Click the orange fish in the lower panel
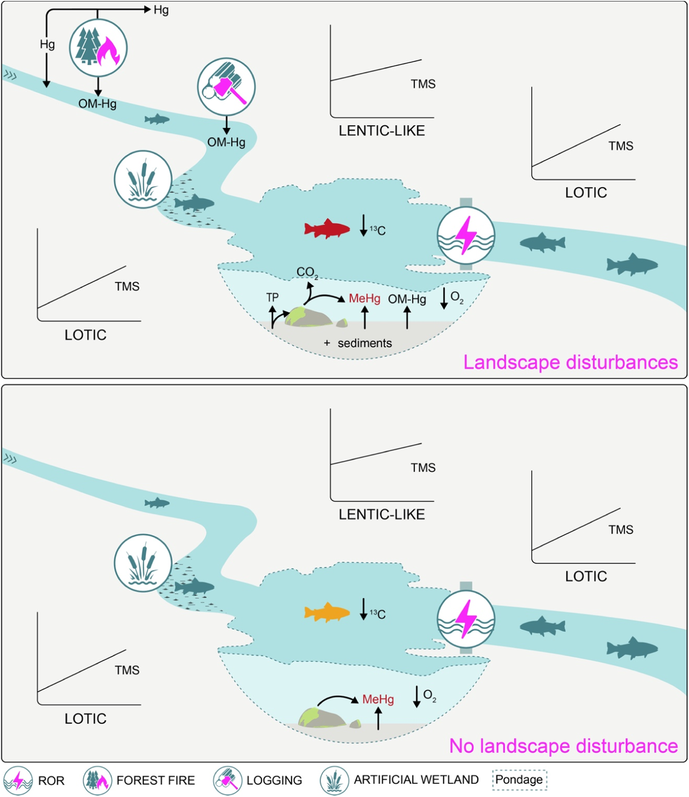pyautogui.click(x=327, y=612)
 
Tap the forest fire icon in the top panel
pyautogui.click(x=98, y=48)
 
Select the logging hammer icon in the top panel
pyautogui.click(x=226, y=86)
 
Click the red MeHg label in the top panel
pyautogui.click(x=364, y=298)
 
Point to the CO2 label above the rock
pyautogui.click(x=307, y=272)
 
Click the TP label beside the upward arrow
pyautogui.click(x=272, y=297)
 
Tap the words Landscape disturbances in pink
pyautogui.click(x=570, y=362)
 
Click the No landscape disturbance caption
pyautogui.click(x=563, y=746)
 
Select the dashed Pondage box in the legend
pyautogui.click(x=520, y=780)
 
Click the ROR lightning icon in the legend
pyautogui.click(x=18, y=781)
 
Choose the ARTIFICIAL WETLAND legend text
pyautogui.click(x=416, y=780)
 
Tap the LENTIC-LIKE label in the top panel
pyautogui.click(x=382, y=131)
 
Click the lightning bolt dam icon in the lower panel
pyautogui.click(x=466, y=619)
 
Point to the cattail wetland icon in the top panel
pyautogui.click(x=143, y=179)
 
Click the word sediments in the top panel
pyautogui.click(x=364, y=343)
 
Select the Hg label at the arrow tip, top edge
pyautogui.click(x=161, y=10)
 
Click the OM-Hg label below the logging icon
pyautogui.click(x=226, y=142)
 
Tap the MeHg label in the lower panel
pyautogui.click(x=378, y=699)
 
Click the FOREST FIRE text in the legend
pyautogui.click(x=156, y=780)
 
